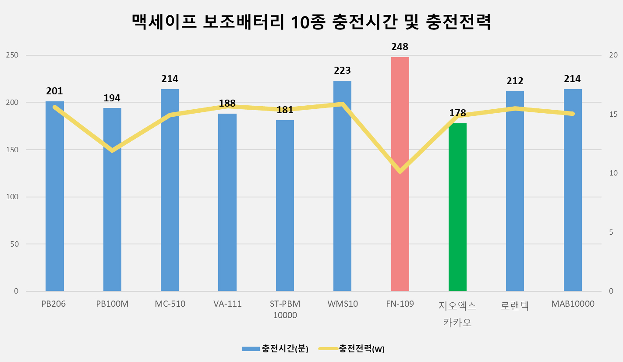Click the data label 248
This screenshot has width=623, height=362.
pyautogui.click(x=400, y=47)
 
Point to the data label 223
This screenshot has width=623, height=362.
pyautogui.click(x=342, y=70)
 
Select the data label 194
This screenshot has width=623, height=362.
pyautogui.click(x=112, y=98)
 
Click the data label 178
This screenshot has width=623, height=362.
pyautogui.click(x=457, y=113)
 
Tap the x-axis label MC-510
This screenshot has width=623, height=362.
pyautogui.click(x=170, y=304)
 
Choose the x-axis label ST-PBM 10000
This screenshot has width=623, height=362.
pyautogui.click(x=285, y=309)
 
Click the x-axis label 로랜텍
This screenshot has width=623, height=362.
pyautogui.click(x=515, y=306)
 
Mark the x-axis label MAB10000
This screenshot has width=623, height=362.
pyautogui.click(x=572, y=304)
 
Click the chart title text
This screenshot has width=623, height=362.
pyautogui.click(x=311, y=22)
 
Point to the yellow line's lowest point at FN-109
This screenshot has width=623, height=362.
pyautogui.click(x=400, y=171)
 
